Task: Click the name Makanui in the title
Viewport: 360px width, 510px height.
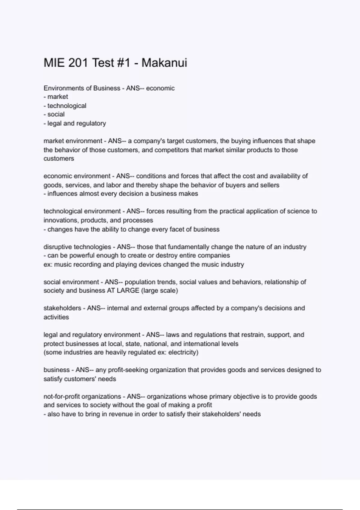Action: tap(164, 63)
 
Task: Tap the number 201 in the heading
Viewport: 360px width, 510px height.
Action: tap(78, 63)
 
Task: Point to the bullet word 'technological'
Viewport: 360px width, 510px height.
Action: tap(67, 106)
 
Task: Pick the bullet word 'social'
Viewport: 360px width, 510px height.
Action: tap(56, 114)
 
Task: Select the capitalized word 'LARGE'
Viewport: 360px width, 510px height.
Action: tap(128, 291)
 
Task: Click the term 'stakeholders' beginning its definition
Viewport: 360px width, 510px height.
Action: tap(62, 308)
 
